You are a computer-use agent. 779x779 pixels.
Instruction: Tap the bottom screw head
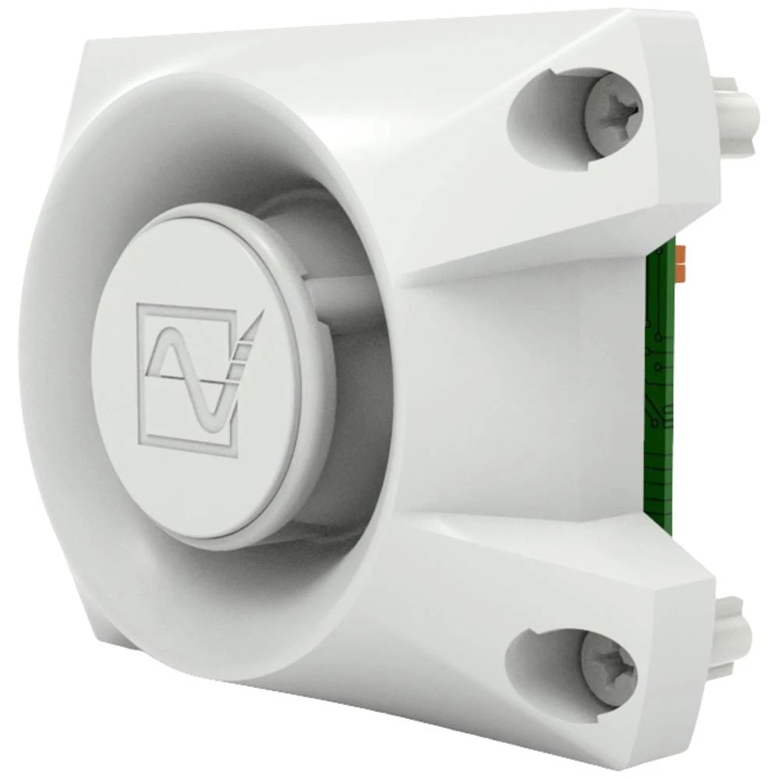click(x=608, y=667)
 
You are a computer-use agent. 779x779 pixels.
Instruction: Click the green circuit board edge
click(x=660, y=389)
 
